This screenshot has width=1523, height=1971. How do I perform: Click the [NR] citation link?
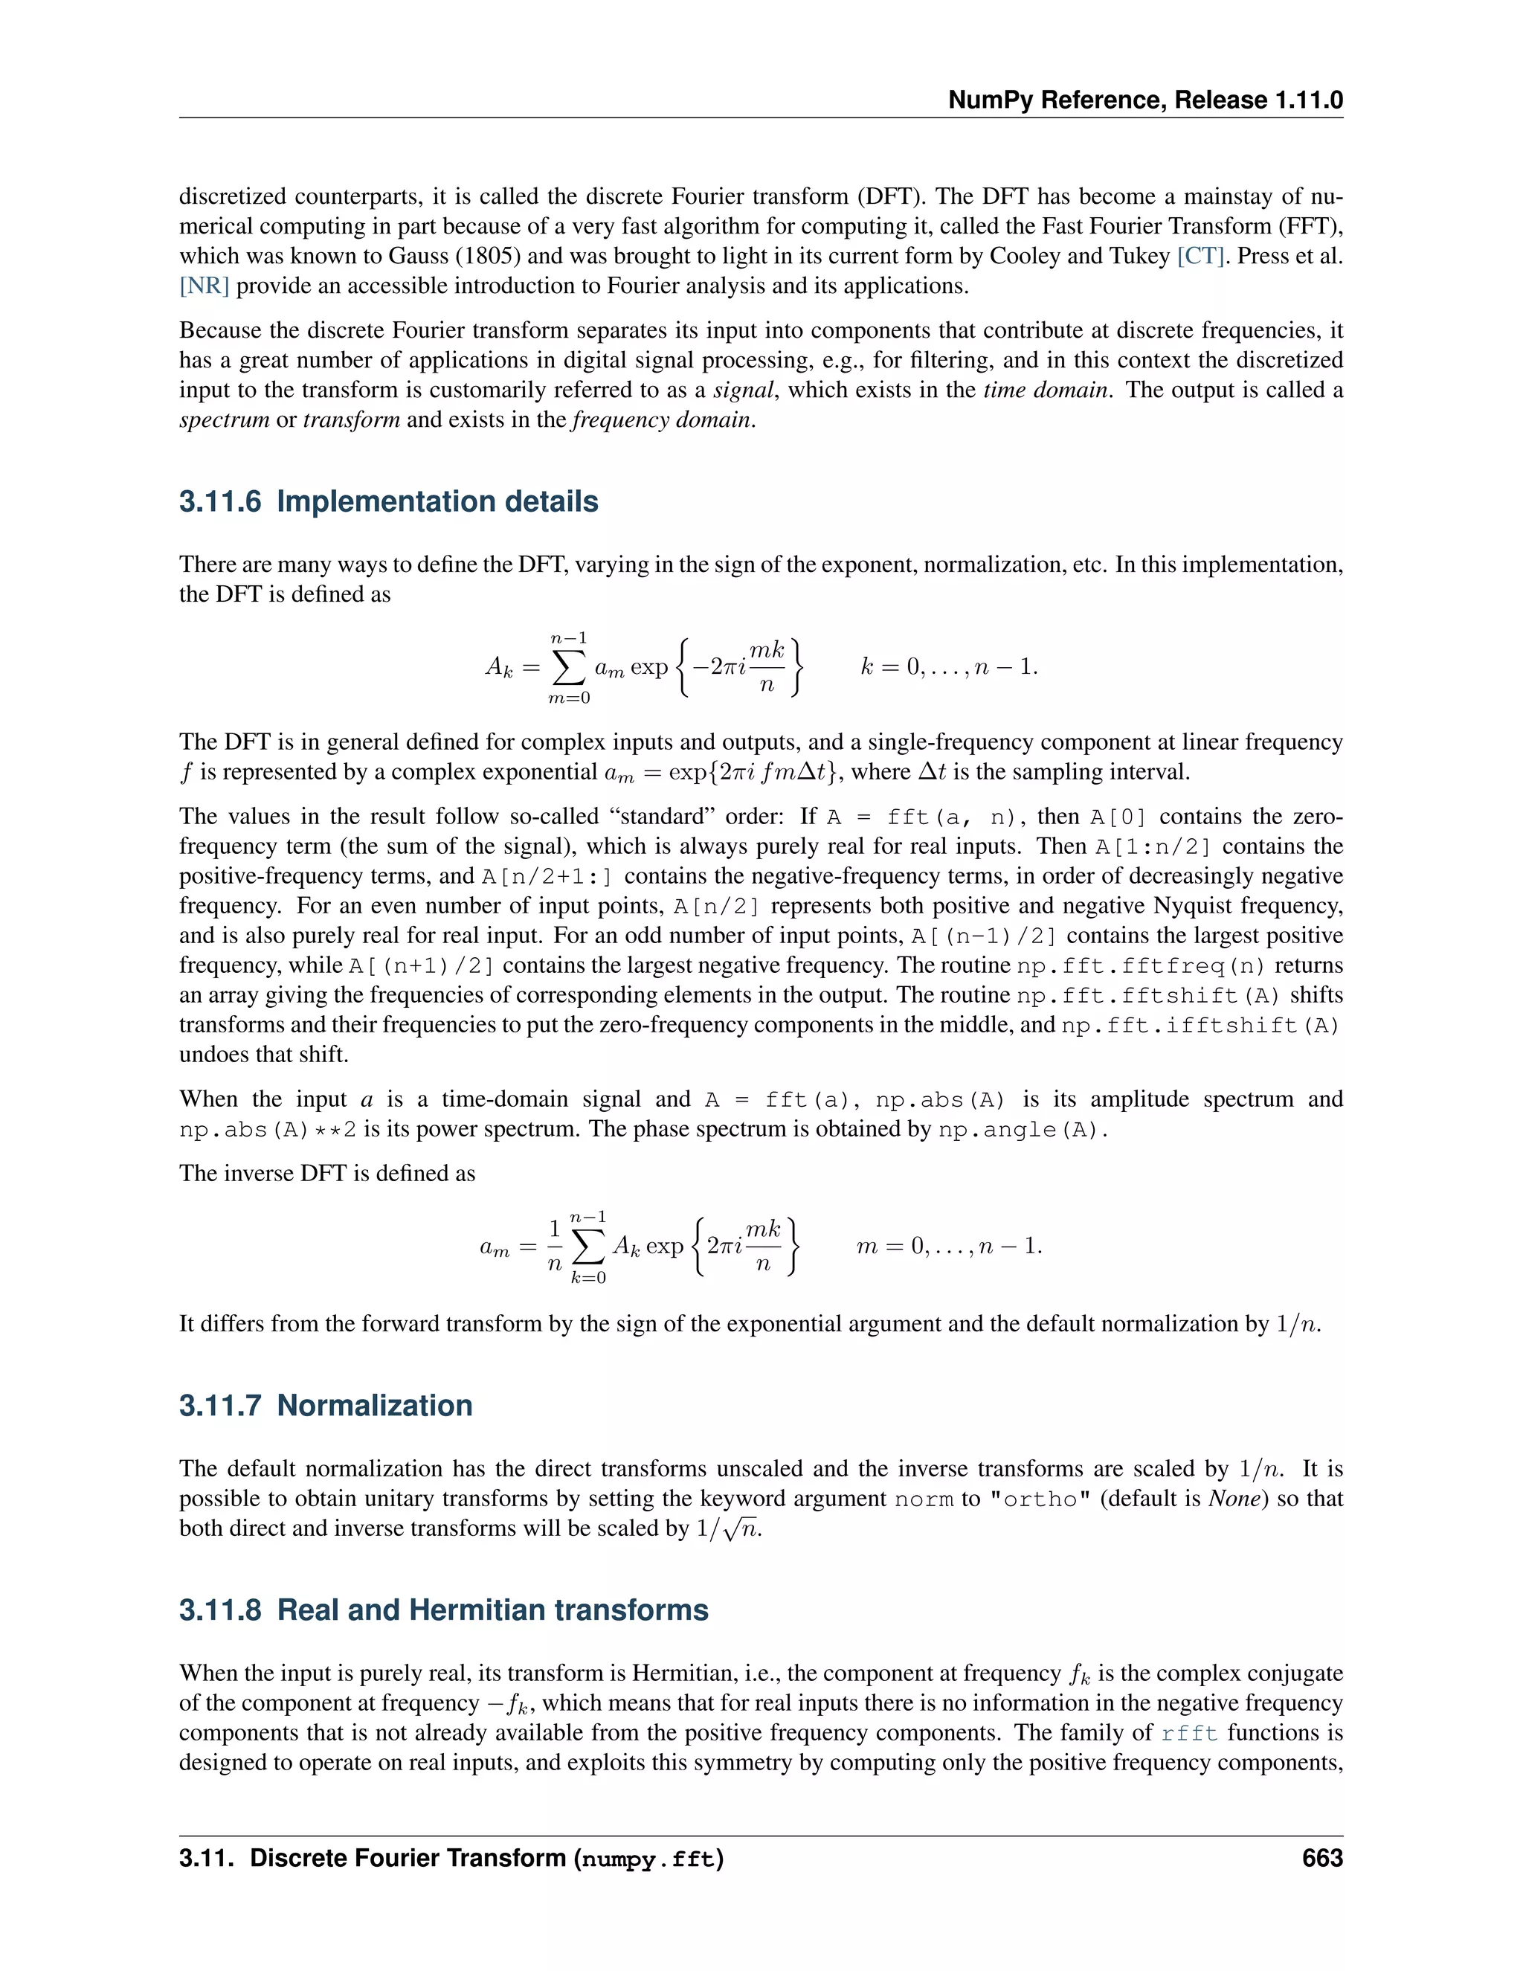(x=204, y=286)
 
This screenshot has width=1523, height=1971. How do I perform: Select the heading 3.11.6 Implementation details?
(x=389, y=502)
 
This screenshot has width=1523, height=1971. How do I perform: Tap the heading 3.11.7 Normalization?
(x=326, y=1406)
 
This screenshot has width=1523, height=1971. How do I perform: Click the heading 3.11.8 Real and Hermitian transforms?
(x=443, y=1610)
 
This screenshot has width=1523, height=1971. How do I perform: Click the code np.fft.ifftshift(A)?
(x=1200, y=1025)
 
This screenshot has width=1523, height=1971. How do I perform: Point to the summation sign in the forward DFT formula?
(x=570, y=668)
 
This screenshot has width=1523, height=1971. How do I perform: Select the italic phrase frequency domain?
(x=663, y=420)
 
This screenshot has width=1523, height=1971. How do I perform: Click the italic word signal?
(x=744, y=390)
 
